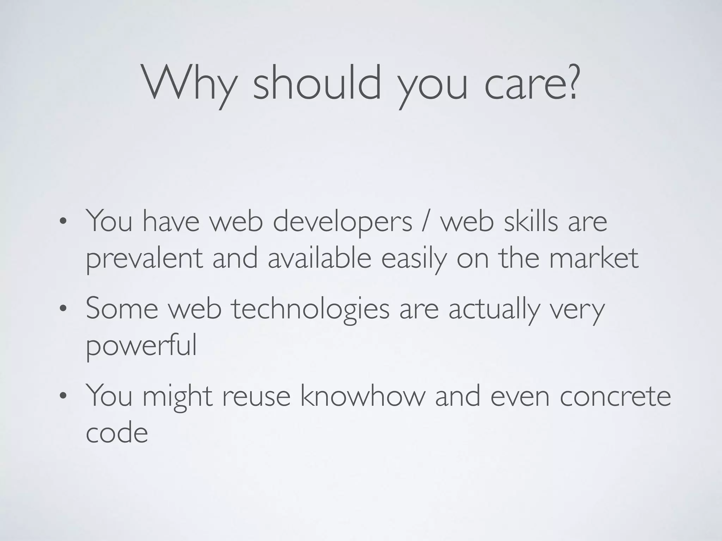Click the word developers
[342, 222]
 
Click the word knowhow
[363, 396]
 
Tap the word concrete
[615, 397]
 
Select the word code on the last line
[117, 433]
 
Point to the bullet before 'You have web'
[63, 222]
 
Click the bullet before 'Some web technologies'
[63, 309]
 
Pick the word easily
[414, 259]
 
